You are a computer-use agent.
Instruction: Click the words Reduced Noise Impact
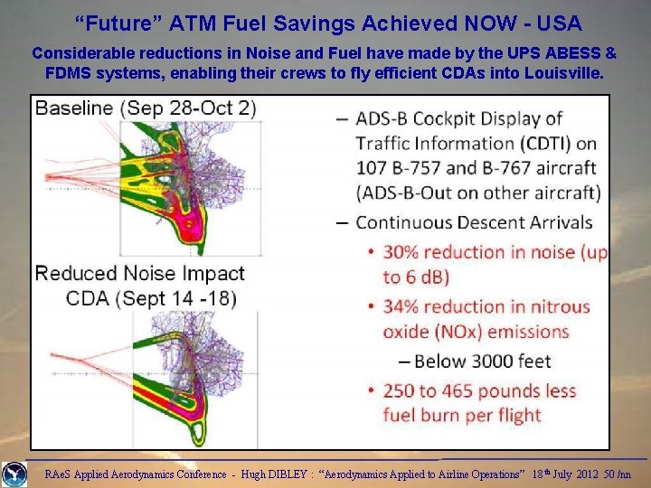tap(139, 274)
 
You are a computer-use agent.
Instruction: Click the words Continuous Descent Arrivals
tap(474, 222)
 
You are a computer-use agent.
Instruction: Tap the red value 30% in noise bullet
tap(405, 253)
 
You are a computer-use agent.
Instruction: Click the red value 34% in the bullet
tap(405, 307)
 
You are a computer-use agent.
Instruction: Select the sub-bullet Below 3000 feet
tap(482, 361)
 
